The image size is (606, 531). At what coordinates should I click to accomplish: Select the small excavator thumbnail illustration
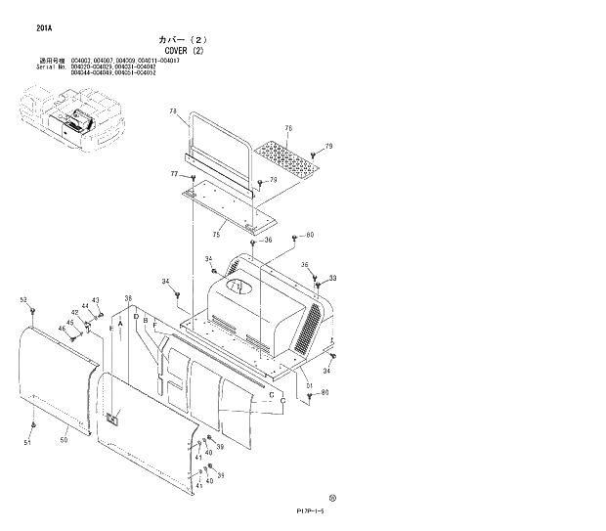coord(67,118)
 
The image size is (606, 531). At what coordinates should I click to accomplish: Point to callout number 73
coord(173,114)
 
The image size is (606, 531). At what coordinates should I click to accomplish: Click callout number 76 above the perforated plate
coord(288,129)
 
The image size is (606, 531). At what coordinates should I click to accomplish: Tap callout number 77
coord(175,174)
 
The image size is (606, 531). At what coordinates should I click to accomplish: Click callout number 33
coord(332,278)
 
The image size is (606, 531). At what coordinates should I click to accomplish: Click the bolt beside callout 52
coord(33,310)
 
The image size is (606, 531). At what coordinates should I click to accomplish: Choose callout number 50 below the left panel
coord(65,441)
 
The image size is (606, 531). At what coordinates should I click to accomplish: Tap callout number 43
coord(96,300)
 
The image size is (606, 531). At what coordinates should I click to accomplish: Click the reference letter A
coord(120,323)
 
